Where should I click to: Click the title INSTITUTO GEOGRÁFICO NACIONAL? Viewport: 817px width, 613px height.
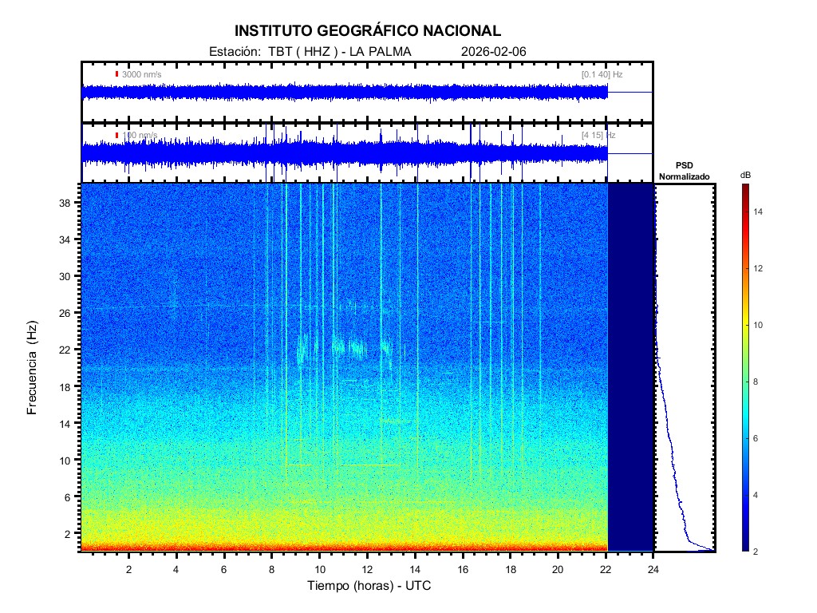tap(368, 31)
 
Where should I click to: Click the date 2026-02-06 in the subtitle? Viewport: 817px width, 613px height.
tap(493, 52)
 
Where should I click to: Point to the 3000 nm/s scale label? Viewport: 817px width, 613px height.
tap(142, 74)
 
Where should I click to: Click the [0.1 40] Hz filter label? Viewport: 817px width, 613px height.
tap(602, 74)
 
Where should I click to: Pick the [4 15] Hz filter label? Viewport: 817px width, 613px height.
tap(598, 136)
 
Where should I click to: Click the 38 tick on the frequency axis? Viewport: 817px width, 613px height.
tap(67, 203)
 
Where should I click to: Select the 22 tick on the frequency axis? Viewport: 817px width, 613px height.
tap(67, 350)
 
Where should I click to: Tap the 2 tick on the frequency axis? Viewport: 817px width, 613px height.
tap(69, 533)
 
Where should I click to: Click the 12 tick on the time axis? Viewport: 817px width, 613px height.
tap(367, 569)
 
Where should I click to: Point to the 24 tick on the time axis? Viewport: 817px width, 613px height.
tap(653, 569)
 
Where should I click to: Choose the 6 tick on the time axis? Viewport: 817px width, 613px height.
tap(224, 569)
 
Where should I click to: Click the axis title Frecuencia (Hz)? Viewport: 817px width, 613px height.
tap(33, 367)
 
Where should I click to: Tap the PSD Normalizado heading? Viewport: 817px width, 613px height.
tap(684, 171)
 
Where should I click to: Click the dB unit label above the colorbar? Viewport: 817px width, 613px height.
tap(745, 175)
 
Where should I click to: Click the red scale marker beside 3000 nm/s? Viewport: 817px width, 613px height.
tap(116, 74)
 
